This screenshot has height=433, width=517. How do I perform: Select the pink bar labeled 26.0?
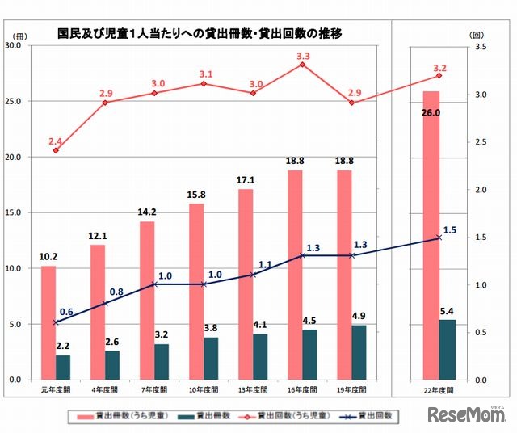tap(431, 234)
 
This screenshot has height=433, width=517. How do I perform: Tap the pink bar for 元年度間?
tap(48, 322)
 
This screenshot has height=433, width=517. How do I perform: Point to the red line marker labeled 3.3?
tap(302, 64)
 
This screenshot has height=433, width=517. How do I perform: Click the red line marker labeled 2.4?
tap(56, 150)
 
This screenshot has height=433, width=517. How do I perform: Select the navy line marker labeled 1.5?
tap(439, 238)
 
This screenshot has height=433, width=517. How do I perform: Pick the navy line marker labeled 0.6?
tap(56, 322)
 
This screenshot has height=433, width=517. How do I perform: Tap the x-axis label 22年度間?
tap(439, 390)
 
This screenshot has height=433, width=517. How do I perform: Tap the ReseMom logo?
tap(466, 416)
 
